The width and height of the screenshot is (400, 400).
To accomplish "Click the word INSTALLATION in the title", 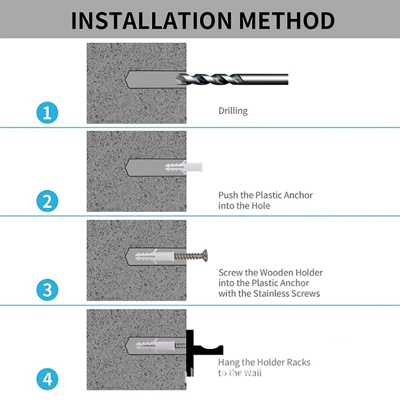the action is coord(151,21).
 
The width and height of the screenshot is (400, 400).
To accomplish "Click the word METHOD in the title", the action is coord(287,21).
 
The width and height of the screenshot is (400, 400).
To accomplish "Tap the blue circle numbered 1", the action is coord(47,113).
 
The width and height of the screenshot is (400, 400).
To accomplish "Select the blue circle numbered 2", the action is coord(47,201).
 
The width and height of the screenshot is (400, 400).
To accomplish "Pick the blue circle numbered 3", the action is coord(47,290).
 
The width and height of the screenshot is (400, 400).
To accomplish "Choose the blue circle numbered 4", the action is coord(47,379).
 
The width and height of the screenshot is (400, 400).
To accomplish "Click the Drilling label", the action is coord(233,111).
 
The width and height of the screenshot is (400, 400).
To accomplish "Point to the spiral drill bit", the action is coord(232,79).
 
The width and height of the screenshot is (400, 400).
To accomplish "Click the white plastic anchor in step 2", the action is coord(184,167).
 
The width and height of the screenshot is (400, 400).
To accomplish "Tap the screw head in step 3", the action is coord(205,256).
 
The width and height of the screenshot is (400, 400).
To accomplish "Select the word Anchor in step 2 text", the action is coord(298,195).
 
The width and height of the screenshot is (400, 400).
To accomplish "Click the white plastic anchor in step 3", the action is coord(155,256).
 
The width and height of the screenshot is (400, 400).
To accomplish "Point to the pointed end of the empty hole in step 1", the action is coord(125,79).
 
